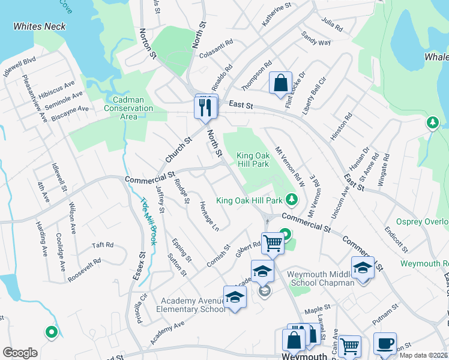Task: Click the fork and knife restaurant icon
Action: (x=205, y=108)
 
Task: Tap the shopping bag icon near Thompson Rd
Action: (x=280, y=83)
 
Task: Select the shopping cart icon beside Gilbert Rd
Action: (x=273, y=243)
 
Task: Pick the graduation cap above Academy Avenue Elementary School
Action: (x=235, y=297)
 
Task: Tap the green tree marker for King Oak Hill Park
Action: (x=292, y=198)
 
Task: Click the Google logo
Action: (x=20, y=353)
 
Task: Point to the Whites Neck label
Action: (x=40, y=26)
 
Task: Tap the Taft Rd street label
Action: (x=103, y=245)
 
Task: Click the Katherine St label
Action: (x=276, y=14)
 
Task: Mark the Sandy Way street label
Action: (x=316, y=38)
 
